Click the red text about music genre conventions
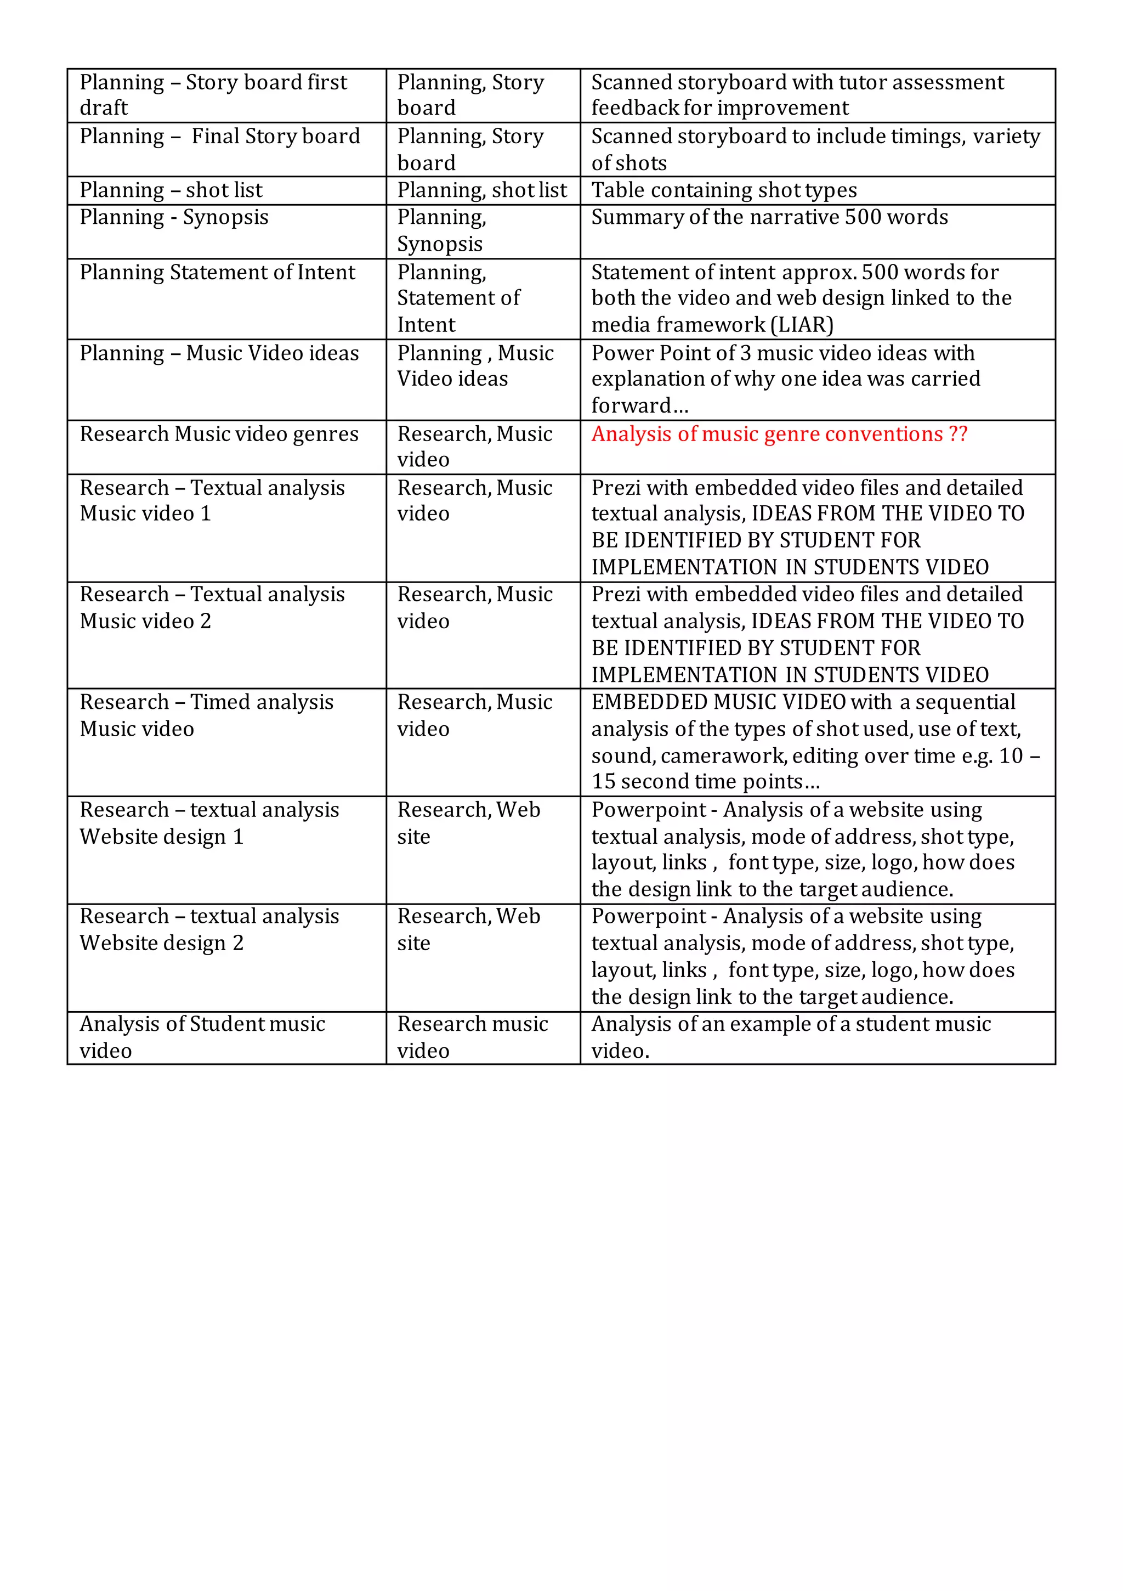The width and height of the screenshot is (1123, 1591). tap(779, 435)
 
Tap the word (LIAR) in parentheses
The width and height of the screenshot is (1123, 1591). tap(802, 325)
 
